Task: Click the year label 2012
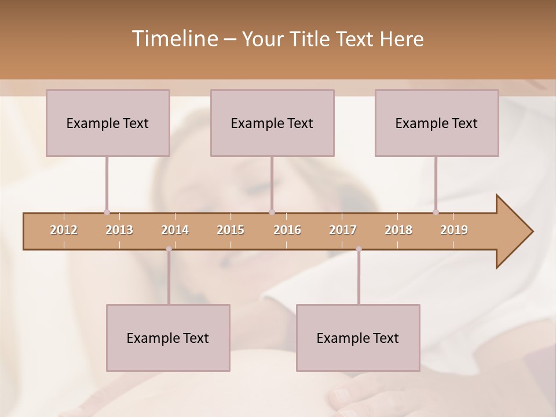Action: tap(64, 230)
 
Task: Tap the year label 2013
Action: tap(119, 230)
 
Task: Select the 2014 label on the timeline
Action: tap(175, 230)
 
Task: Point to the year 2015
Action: tap(231, 230)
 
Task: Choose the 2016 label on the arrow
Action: tap(287, 230)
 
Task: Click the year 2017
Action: tap(343, 230)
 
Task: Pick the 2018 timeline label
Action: tap(398, 230)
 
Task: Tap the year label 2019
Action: tap(454, 230)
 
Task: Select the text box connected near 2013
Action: tap(108, 123)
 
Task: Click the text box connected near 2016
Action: tap(272, 123)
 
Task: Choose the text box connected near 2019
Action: tap(437, 123)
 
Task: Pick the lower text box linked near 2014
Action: tap(168, 338)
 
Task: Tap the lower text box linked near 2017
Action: tap(358, 338)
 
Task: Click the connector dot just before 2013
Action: tap(107, 212)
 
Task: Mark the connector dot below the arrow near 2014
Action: tap(169, 249)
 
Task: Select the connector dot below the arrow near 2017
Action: tap(359, 249)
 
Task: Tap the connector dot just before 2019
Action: tap(436, 212)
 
